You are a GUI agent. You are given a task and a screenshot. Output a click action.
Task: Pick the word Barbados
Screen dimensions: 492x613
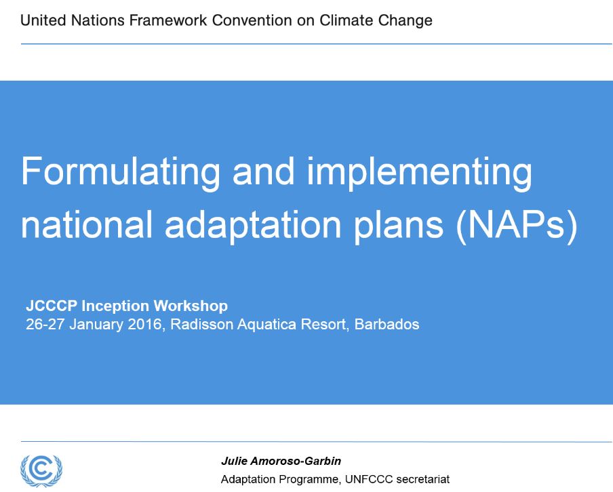click(x=387, y=325)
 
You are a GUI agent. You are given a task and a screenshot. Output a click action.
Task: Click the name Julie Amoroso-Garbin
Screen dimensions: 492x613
click(x=281, y=461)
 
